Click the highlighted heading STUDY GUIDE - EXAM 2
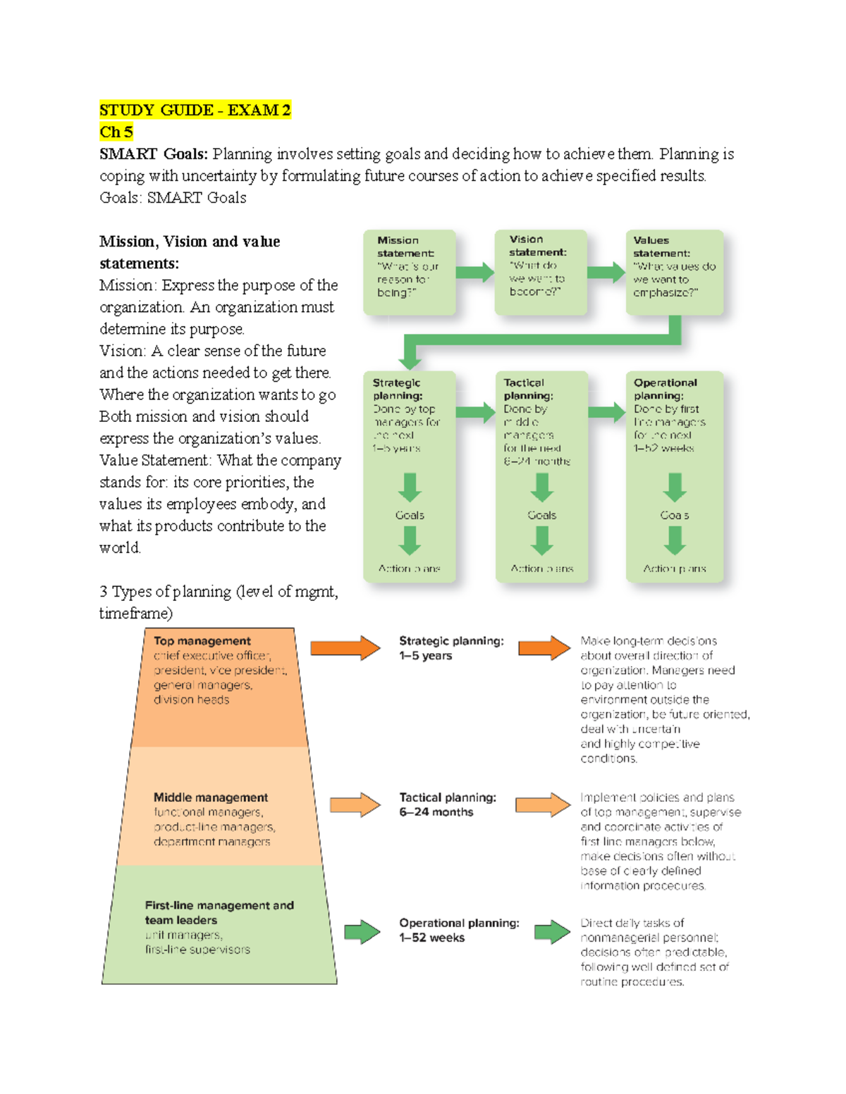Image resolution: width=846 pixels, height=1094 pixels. [x=195, y=110]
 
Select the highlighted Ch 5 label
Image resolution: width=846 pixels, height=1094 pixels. [x=116, y=132]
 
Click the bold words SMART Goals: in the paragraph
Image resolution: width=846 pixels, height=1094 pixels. [x=153, y=154]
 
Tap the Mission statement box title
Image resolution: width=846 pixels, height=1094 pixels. [x=405, y=247]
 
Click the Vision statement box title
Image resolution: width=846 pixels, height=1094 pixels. [x=537, y=246]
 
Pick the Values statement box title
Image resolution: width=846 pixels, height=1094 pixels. [x=661, y=247]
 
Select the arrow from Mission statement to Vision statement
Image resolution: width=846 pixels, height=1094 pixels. [x=474, y=272]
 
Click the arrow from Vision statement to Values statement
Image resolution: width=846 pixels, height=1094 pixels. [x=606, y=272]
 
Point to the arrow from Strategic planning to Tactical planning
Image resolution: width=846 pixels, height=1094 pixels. [x=475, y=412]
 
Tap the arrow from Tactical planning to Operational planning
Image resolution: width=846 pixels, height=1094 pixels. [x=606, y=412]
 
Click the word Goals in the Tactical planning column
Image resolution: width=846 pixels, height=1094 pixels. [x=541, y=515]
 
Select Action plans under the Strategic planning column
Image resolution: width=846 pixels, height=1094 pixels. [x=409, y=568]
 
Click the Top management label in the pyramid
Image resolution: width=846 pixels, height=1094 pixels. [x=202, y=641]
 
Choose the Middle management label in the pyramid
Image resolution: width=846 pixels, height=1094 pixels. [x=210, y=797]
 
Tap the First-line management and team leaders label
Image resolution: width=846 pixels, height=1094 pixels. [x=219, y=912]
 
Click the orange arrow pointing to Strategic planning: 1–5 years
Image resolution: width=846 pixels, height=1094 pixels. [x=345, y=648]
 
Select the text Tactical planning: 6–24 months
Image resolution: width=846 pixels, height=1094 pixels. [x=447, y=804]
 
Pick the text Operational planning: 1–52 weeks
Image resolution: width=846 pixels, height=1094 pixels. [x=458, y=930]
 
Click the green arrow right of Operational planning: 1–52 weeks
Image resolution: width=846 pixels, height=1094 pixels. [x=552, y=931]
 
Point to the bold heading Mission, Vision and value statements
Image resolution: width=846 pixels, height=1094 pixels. [x=189, y=252]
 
